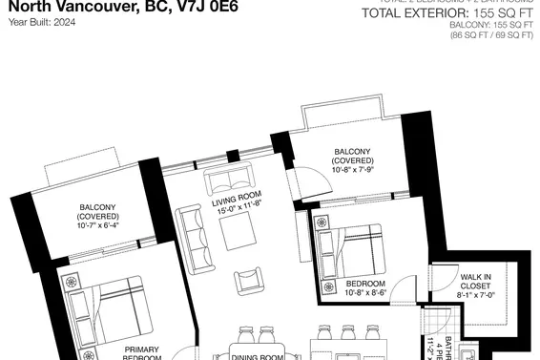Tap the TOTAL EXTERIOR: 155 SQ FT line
447,13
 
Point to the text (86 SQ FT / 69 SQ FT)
491,35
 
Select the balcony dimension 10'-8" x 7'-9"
346,171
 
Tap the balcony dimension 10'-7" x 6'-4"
97,226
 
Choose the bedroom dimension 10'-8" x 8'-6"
365,294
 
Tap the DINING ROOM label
258,356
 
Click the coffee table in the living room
238,230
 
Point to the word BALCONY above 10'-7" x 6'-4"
97,207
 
